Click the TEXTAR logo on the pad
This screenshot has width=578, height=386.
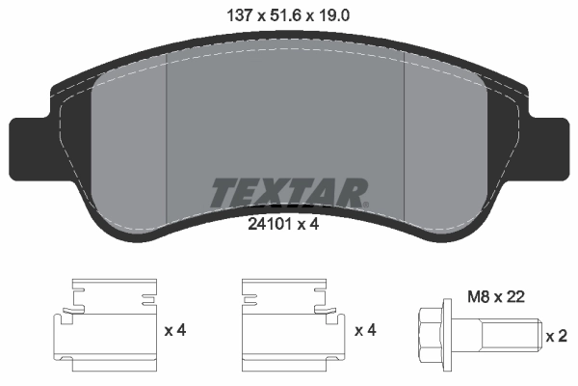[x=288, y=192]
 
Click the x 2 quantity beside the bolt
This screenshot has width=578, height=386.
[x=556, y=336]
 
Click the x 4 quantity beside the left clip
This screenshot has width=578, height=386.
[x=174, y=331]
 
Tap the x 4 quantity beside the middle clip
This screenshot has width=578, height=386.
[x=365, y=331]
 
